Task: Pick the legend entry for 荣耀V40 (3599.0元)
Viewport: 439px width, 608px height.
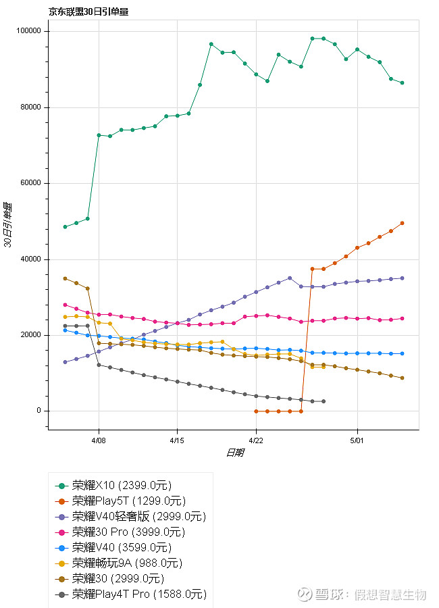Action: click(122, 548)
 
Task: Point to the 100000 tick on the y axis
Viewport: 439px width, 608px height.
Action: click(30, 32)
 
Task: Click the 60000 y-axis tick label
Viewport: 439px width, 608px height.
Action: click(32, 184)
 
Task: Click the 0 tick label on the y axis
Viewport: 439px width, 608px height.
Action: click(40, 411)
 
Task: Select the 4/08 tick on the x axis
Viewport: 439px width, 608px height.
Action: click(99, 439)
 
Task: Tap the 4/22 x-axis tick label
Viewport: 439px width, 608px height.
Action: click(256, 439)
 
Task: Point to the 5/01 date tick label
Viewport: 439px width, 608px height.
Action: click(357, 439)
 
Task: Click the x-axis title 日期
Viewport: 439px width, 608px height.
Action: click(234, 453)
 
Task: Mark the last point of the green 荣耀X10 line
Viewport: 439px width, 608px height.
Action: click(402, 83)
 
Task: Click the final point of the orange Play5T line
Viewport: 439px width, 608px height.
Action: click(402, 223)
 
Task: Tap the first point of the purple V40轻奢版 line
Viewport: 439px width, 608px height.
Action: click(65, 362)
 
